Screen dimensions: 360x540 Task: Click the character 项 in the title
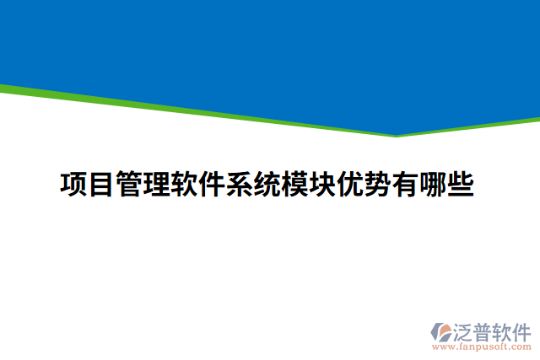pos(75,184)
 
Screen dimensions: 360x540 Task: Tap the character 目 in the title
pos(102,184)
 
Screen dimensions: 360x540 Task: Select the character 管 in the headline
pos(130,184)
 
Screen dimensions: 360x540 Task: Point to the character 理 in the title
pos(158,184)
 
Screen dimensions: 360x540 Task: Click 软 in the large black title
pos(185,184)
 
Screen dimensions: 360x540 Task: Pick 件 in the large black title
pos(213,184)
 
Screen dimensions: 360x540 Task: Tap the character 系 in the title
pos(240,184)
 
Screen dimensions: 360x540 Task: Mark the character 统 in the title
pos(267,184)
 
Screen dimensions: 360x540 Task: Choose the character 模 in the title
pos(294,184)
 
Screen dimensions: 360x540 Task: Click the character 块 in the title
pos(322,184)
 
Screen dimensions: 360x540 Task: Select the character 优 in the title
pos(349,184)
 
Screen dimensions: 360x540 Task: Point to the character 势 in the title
pos(377,184)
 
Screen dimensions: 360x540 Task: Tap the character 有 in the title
pos(404,184)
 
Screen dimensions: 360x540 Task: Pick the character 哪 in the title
pos(432,184)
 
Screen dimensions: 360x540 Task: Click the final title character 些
pos(460,184)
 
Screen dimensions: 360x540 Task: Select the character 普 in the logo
pos(484,329)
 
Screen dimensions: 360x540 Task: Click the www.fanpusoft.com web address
pos(482,346)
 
